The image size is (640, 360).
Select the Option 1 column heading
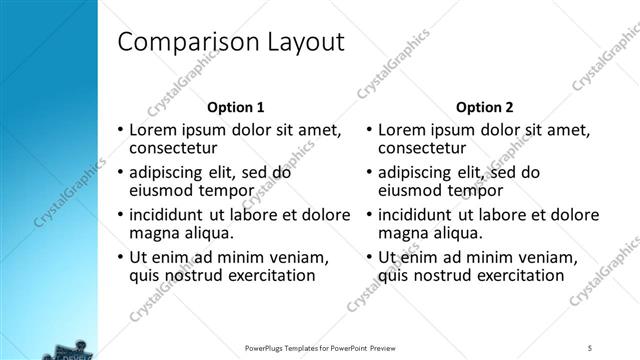[x=236, y=107]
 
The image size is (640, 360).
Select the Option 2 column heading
[x=485, y=107]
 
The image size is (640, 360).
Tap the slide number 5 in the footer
[x=590, y=346]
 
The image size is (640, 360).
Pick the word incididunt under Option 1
[x=173, y=214]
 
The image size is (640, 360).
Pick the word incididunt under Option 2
[x=422, y=214]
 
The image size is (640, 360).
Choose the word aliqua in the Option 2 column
[x=459, y=234]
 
